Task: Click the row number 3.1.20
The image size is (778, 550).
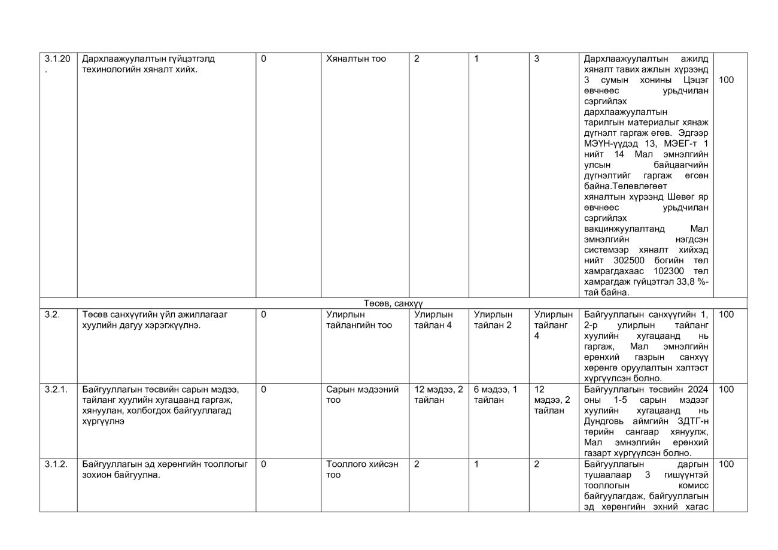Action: pos(57,59)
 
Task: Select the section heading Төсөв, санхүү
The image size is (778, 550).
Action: pos(393,303)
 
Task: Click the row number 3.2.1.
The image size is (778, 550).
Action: pos(56,390)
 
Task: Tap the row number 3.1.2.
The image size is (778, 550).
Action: pos(56,464)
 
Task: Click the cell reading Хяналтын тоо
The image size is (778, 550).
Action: pos(355,59)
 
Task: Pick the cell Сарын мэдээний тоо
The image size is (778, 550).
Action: pos(362,394)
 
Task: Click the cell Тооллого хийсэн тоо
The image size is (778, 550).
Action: pos(362,469)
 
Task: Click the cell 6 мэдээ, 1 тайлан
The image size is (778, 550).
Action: pos(495,394)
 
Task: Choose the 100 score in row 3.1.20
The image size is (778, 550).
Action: pos(725,80)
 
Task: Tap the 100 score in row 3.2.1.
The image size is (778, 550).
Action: pos(725,390)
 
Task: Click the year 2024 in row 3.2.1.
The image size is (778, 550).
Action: pos(698,390)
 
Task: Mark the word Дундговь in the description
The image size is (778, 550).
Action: pos(604,421)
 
